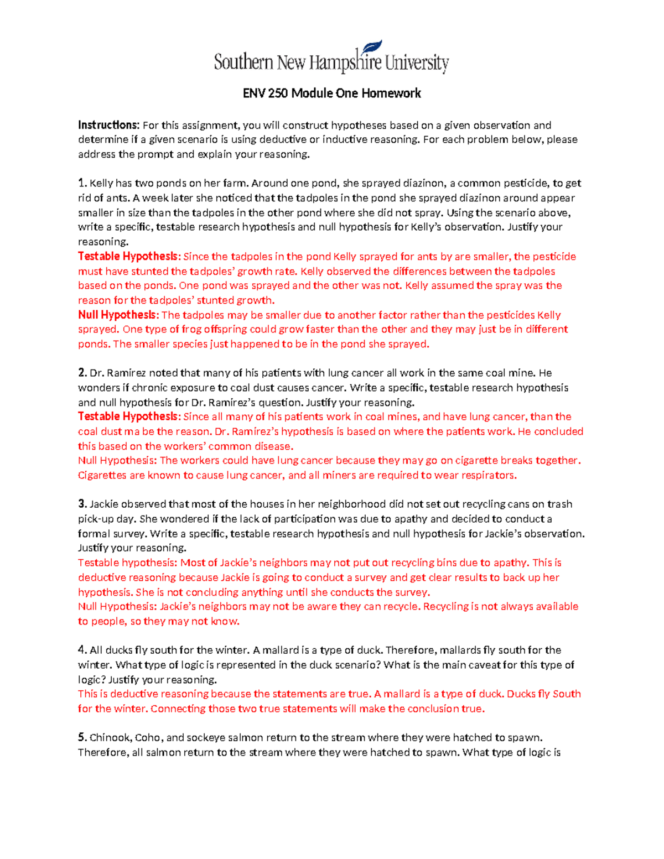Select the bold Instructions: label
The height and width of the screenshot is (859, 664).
(108, 125)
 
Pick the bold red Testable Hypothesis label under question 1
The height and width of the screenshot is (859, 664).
(129, 256)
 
